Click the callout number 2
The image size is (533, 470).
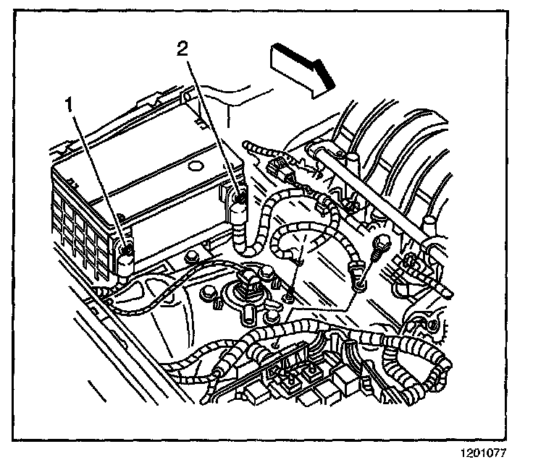[183, 49]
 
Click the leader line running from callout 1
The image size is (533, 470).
[98, 177]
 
